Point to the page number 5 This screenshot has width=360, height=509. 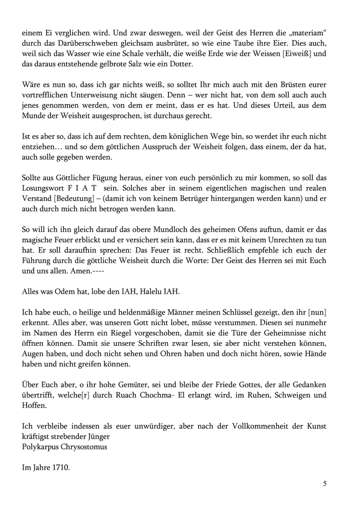(x=325, y=484)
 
